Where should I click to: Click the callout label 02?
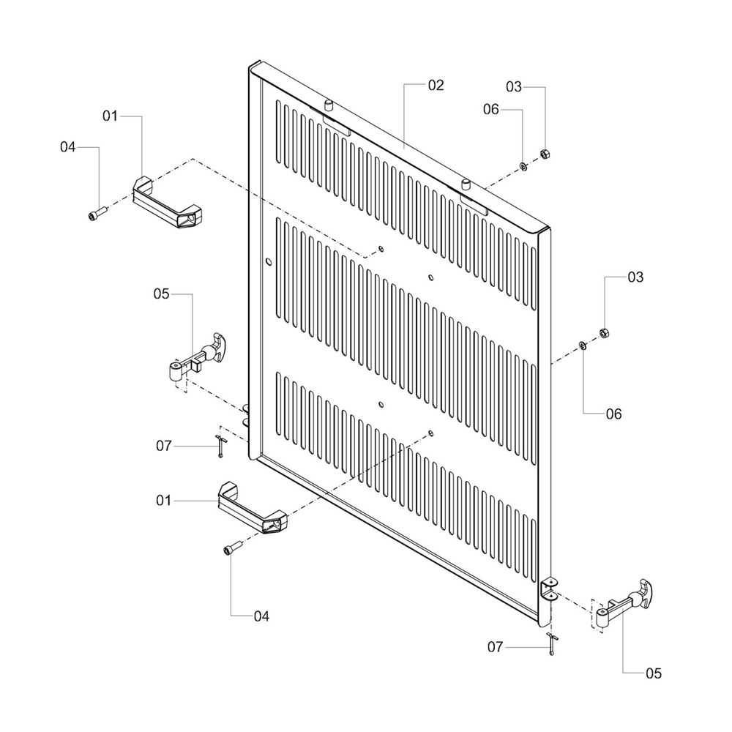pos(436,86)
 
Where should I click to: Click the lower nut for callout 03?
pos(605,333)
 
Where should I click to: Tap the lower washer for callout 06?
pos(583,345)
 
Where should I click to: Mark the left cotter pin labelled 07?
pos(222,445)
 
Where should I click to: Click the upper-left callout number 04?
pos(68,147)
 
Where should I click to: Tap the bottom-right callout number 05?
pos(653,673)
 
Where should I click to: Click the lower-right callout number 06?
pos(613,414)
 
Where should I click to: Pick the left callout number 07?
pos(163,445)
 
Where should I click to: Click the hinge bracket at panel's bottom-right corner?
pos(549,589)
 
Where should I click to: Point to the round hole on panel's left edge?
pos(268,261)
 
